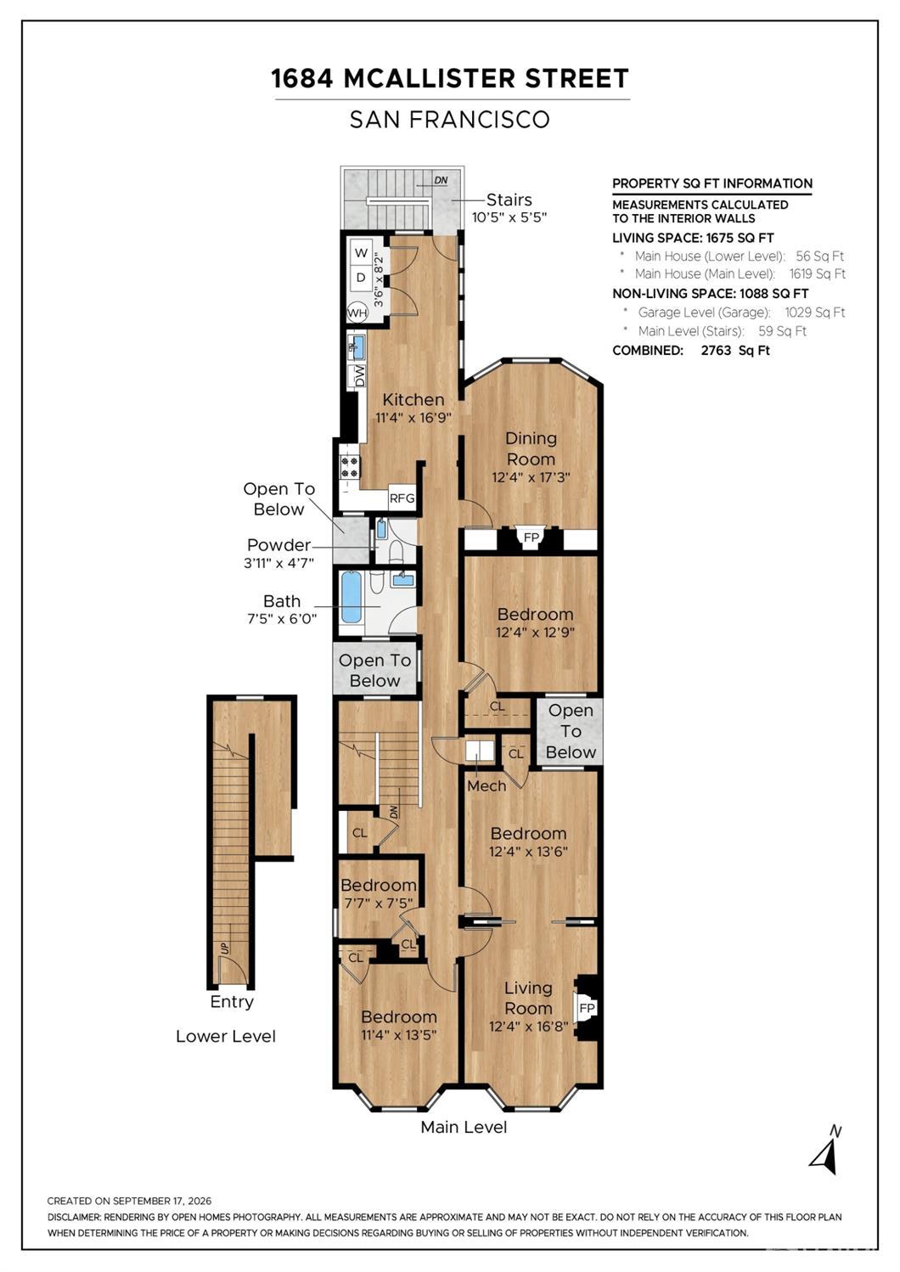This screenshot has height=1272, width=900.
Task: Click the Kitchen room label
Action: click(413, 399)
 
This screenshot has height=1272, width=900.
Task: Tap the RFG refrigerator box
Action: click(402, 498)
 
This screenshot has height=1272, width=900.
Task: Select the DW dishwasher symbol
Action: click(359, 376)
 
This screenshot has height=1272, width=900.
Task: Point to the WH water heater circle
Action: click(357, 312)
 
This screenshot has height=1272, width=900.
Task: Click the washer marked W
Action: click(361, 253)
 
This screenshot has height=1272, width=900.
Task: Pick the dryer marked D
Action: click(361, 279)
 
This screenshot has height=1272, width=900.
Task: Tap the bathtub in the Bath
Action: click(352, 598)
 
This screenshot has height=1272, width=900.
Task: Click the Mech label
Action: click(487, 786)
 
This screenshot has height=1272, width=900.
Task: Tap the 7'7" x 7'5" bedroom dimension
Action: click(377, 903)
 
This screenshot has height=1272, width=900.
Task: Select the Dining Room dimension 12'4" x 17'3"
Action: click(531, 477)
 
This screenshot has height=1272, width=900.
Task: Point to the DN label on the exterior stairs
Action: click(441, 181)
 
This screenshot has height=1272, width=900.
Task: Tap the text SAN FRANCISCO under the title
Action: click(450, 119)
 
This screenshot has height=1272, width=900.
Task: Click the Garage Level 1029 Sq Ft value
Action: click(815, 312)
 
